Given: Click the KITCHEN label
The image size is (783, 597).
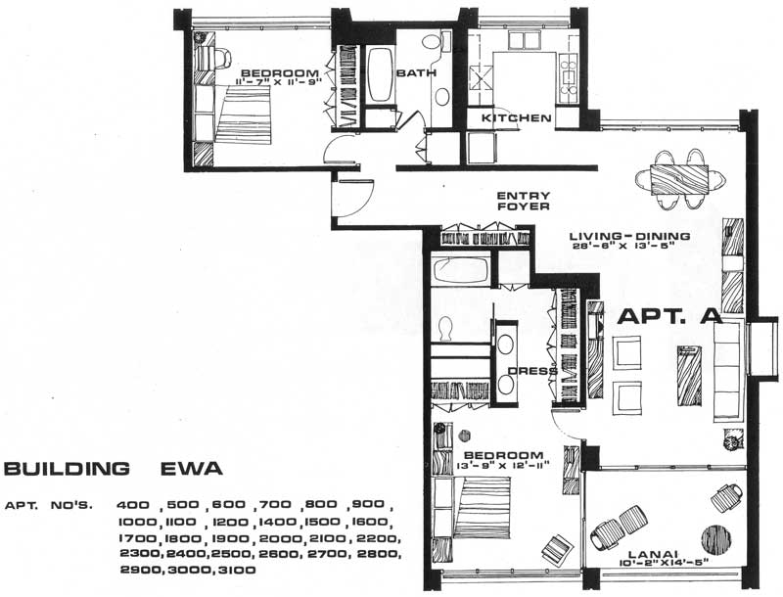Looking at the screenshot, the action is click(517, 118).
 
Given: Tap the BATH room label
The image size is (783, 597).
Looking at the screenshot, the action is click(416, 72).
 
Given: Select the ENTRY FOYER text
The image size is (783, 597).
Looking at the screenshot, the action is click(524, 201).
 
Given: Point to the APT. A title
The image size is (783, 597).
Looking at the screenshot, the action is click(670, 316).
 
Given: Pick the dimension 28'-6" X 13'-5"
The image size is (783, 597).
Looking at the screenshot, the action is click(623, 245).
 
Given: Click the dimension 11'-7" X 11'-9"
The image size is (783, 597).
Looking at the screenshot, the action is click(279, 81).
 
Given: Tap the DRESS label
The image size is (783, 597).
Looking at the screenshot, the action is click(532, 371).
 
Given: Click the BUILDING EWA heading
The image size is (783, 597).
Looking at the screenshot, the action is click(114, 469).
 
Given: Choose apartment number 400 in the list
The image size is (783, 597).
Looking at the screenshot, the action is click(132, 505).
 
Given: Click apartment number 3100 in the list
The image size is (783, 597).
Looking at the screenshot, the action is click(237, 570).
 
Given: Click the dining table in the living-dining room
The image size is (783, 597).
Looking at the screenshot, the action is click(679, 179).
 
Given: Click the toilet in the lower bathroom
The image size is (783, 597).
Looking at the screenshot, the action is click(444, 329).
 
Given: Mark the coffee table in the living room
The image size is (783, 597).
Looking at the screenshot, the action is click(689, 376).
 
